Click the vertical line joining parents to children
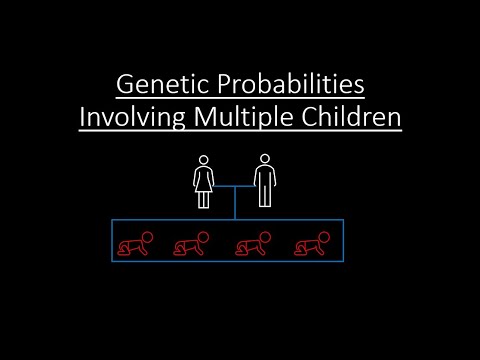tap(234, 203)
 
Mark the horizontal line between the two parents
tap(234, 185)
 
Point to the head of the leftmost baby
tap(146, 237)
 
